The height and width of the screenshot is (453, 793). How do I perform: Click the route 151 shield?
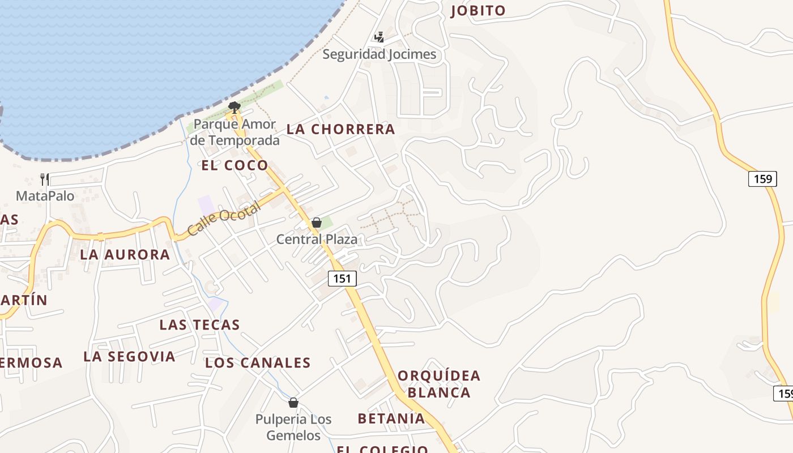[x=342, y=279]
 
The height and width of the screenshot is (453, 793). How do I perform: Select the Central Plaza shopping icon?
[x=317, y=223]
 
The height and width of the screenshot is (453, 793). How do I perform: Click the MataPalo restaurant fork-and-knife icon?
[x=45, y=180]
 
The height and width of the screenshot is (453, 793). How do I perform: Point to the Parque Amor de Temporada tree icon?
[x=234, y=106]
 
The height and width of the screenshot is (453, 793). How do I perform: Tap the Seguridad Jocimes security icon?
[x=379, y=37]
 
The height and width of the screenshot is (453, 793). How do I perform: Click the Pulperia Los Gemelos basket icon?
[x=293, y=403]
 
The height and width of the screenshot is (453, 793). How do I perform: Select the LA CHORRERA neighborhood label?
[x=340, y=129]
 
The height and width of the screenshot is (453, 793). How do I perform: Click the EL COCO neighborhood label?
[x=235, y=165]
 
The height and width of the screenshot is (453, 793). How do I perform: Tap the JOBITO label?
[x=478, y=11]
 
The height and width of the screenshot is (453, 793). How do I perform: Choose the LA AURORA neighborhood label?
[x=125, y=255]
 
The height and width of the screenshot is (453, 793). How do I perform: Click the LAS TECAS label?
[x=199, y=325]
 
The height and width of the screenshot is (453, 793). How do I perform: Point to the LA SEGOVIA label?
[x=129, y=357]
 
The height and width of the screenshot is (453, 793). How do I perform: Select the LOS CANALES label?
[x=258, y=363]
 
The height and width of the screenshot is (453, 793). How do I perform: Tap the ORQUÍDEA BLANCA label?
[x=439, y=384]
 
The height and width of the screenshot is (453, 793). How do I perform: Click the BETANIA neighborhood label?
[x=391, y=419]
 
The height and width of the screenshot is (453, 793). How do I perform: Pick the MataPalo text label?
[x=45, y=196]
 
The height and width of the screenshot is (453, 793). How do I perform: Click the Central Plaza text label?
[x=317, y=240]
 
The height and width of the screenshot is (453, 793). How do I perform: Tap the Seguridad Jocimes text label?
[x=380, y=54]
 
